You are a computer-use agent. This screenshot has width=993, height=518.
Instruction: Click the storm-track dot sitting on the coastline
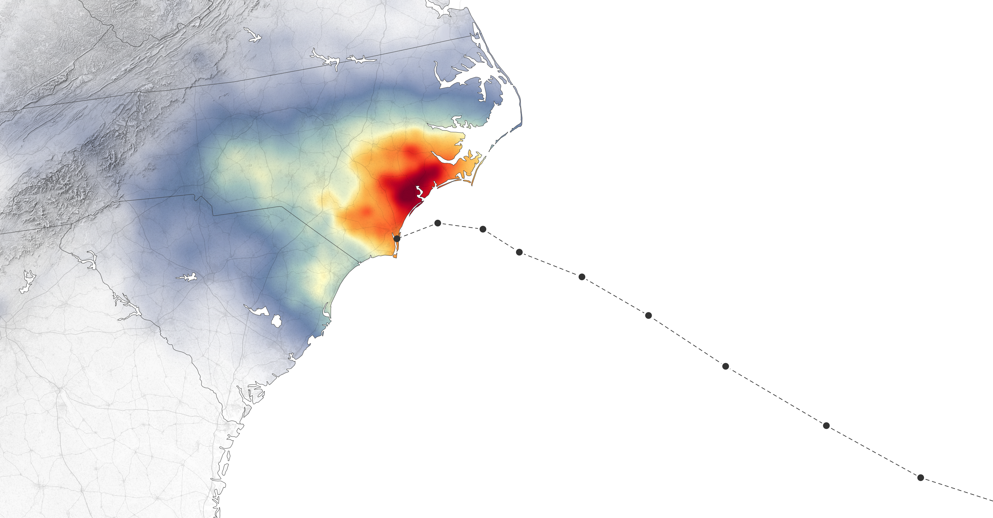pyautogui.click(x=397, y=239)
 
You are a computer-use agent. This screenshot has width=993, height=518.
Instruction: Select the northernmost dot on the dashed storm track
pyautogui.click(x=437, y=223)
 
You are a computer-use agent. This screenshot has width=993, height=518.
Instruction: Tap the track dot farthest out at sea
pyautogui.click(x=921, y=477)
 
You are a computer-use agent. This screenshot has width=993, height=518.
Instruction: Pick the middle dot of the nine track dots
pyautogui.click(x=648, y=316)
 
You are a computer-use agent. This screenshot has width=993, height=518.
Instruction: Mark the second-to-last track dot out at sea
pyautogui.click(x=826, y=426)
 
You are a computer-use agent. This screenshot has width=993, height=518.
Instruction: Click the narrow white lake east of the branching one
pyautogui.click(x=360, y=59)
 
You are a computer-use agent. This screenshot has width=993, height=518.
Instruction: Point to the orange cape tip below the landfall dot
pyautogui.click(x=395, y=255)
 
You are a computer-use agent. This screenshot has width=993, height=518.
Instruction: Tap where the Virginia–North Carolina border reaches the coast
pyautogui.click(x=474, y=35)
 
